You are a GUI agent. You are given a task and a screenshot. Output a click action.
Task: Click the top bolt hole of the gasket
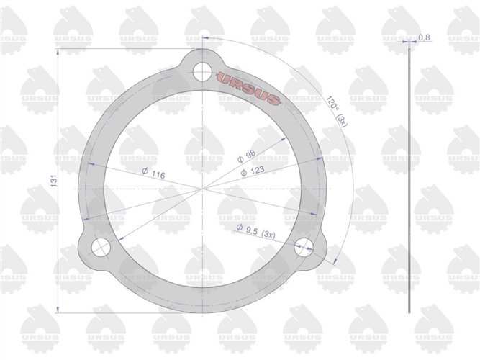point(203,71)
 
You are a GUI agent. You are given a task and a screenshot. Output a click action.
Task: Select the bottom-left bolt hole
point(100,247)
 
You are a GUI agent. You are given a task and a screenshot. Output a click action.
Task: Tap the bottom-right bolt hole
point(305,246)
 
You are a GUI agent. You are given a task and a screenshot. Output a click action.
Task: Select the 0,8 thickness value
point(424,37)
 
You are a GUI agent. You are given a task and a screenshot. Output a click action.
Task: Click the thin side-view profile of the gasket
point(409,180)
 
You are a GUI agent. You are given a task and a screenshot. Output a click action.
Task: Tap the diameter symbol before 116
point(145,174)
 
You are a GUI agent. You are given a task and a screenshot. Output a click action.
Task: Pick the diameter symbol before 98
point(241,158)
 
